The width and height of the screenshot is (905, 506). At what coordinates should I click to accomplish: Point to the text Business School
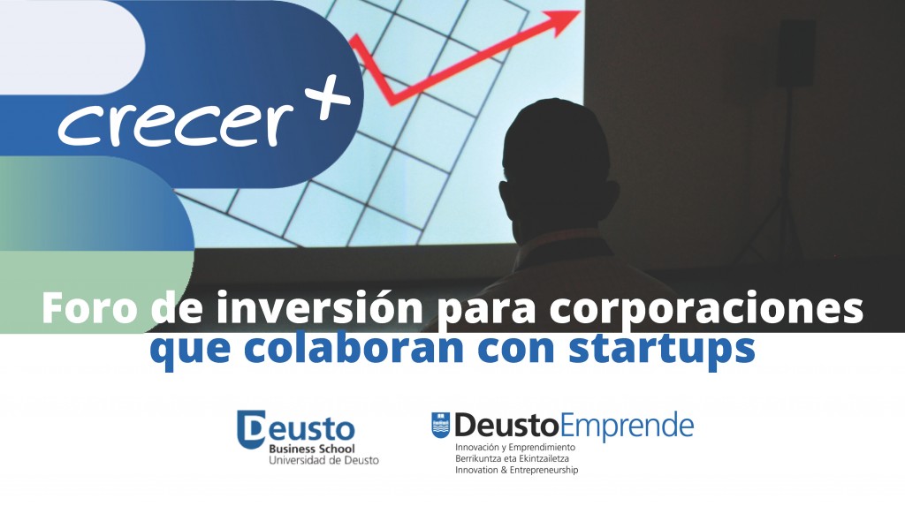coord(312,449)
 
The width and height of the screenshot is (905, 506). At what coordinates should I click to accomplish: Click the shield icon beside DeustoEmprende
coord(440,426)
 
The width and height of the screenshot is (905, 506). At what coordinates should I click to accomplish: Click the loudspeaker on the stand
coord(795,53)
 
